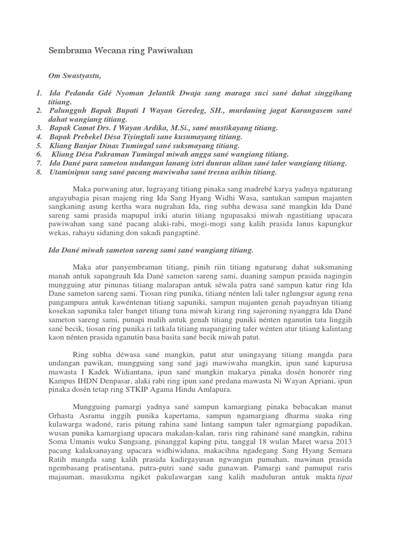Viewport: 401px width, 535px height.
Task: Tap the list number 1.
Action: click(39, 92)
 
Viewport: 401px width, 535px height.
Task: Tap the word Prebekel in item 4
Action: click(98, 137)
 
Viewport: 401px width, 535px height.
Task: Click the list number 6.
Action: click(39, 155)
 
